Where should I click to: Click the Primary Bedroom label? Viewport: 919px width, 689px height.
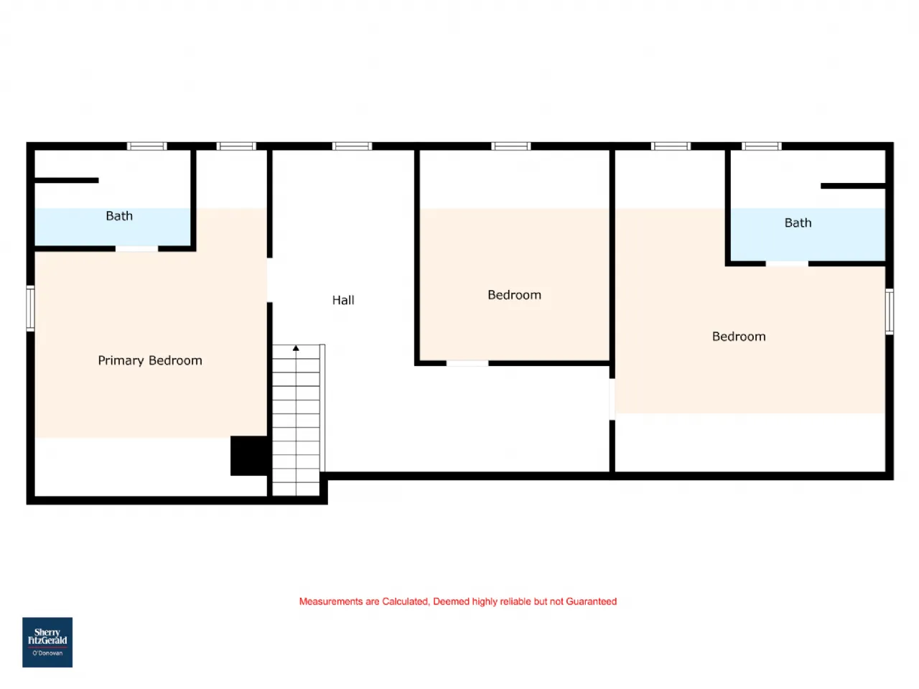pos(150,360)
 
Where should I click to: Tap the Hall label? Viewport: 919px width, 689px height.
pos(343,300)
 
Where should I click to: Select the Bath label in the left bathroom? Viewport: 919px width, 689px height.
pos(119,216)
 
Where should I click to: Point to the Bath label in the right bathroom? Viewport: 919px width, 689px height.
pos(798,222)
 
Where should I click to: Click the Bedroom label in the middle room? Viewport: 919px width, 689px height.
pos(515,295)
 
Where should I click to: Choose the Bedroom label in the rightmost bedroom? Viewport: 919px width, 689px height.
pos(739,337)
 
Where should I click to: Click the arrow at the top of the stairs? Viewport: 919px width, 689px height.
pos(296,348)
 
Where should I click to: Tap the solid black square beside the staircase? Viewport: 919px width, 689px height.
pos(249,456)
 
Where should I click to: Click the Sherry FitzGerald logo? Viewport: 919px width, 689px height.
pos(47,642)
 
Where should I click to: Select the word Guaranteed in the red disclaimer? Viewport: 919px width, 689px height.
pos(591,601)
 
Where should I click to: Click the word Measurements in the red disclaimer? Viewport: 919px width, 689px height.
pos(331,601)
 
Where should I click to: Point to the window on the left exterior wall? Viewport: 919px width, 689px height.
pos(30,309)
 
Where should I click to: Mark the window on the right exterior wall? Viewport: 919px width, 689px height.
pos(890,311)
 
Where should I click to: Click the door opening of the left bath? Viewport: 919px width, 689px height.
pos(137,249)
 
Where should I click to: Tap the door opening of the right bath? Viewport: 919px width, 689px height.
pos(787,263)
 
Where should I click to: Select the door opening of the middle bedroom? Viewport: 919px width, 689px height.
pos(467,364)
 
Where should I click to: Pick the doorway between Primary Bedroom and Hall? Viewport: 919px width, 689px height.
pos(270,281)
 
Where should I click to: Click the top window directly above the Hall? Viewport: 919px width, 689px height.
pos(352,146)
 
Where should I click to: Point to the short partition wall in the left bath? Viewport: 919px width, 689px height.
pos(67,180)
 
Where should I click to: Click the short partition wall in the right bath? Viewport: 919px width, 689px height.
pos(853,186)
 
